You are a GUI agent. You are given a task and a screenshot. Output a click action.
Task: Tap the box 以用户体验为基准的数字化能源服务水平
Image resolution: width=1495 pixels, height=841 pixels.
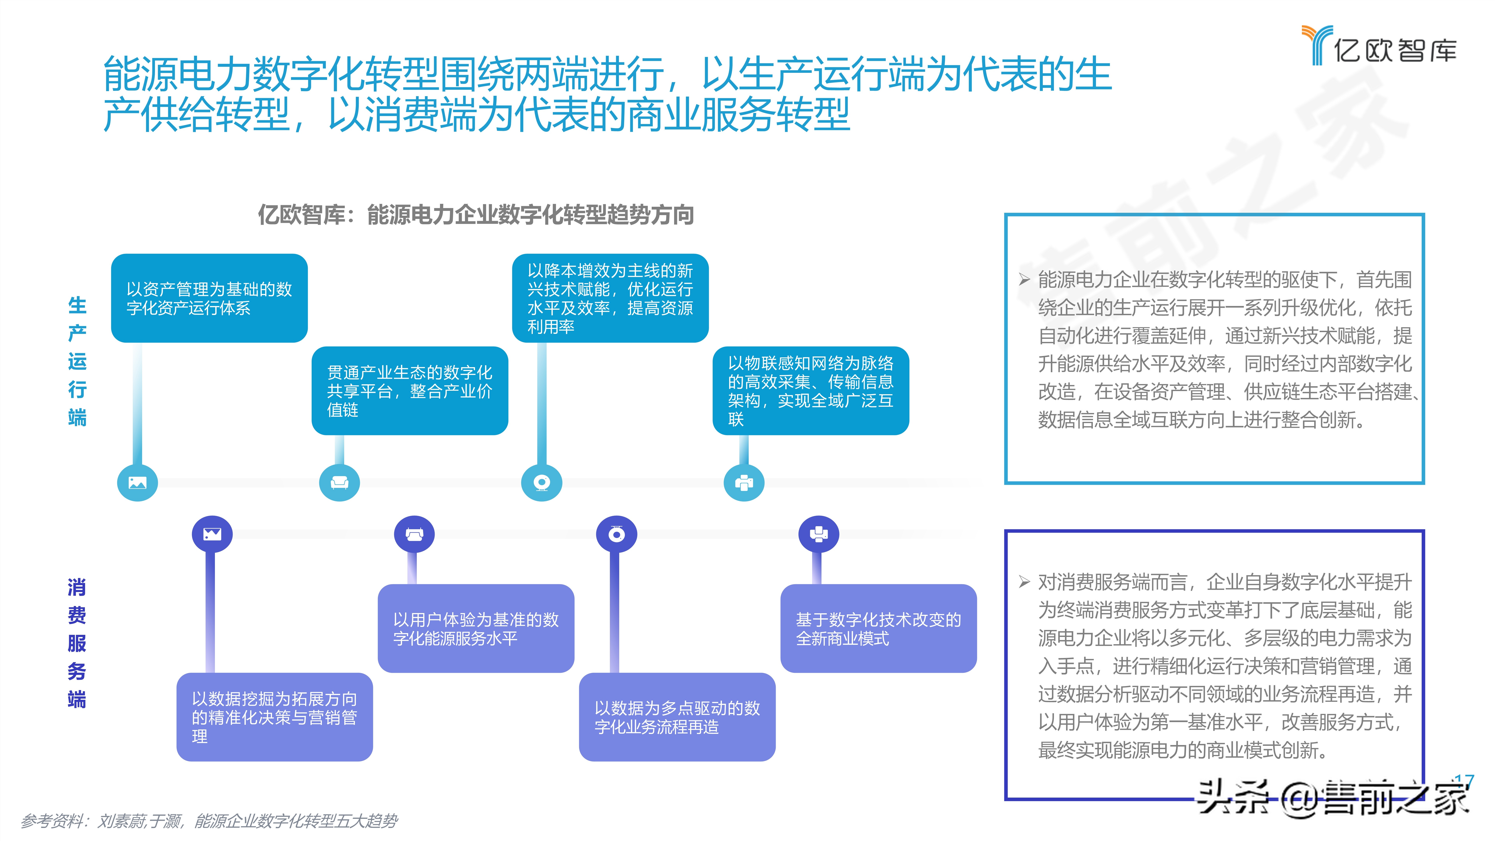[x=476, y=629]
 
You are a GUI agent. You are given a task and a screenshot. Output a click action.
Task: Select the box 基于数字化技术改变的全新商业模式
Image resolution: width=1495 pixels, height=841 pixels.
[x=878, y=629]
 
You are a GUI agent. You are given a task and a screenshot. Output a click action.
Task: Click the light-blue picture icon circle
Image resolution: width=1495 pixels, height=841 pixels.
[x=138, y=482]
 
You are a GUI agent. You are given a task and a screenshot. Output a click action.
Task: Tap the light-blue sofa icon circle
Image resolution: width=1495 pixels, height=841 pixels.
[x=339, y=482]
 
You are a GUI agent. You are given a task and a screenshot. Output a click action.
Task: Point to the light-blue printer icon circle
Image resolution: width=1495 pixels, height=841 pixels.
[x=744, y=482]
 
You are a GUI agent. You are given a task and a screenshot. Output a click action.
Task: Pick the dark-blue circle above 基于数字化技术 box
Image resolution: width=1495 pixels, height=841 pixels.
[x=818, y=534]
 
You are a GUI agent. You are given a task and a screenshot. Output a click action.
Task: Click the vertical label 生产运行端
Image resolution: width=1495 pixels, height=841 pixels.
[x=77, y=361]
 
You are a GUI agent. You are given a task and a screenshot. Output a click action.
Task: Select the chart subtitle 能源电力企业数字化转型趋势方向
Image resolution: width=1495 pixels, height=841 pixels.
[x=476, y=215]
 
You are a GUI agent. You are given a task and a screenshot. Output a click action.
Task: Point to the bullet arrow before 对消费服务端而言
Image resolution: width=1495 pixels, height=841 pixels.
[x=1024, y=581]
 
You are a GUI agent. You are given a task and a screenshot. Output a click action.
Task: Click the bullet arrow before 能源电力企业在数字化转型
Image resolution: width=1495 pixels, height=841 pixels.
[x=1024, y=280]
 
